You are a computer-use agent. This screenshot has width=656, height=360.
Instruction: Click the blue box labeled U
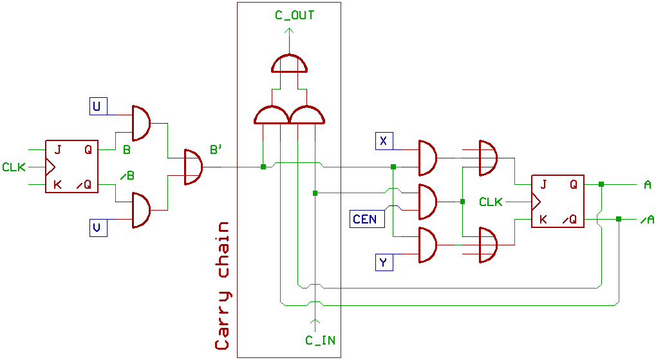click(x=98, y=106)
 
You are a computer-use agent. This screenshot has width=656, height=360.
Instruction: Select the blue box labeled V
click(x=98, y=227)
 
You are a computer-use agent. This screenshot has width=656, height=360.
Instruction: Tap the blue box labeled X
click(x=384, y=141)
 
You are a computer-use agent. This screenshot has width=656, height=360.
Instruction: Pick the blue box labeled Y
click(x=384, y=262)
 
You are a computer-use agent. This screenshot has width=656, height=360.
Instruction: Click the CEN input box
click(x=365, y=219)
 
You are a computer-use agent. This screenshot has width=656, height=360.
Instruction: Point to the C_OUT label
click(x=295, y=14)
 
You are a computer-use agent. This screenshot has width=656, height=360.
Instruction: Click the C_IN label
click(x=320, y=340)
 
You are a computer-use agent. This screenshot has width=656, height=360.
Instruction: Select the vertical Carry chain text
click(x=223, y=286)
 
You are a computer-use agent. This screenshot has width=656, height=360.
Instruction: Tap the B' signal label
click(x=216, y=151)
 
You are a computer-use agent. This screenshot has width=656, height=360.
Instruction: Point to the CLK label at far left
click(x=14, y=167)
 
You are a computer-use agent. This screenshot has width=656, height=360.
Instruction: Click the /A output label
click(x=646, y=220)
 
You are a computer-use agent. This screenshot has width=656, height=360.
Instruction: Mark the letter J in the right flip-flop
click(x=544, y=185)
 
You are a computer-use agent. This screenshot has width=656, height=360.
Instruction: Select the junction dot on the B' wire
click(x=263, y=167)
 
